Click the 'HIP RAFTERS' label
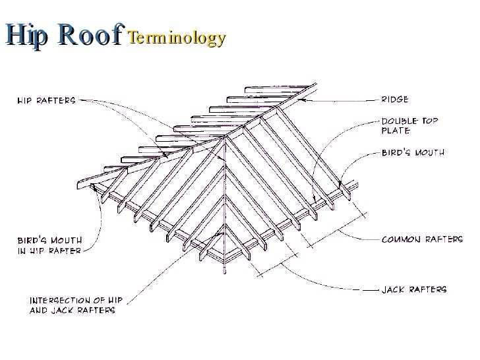pyautogui.click(x=46, y=101)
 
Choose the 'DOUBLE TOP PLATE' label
pyautogui.click(x=410, y=125)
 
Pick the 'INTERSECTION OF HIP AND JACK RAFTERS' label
pyautogui.click(x=73, y=305)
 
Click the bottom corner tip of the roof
pyautogui.click(x=226, y=269)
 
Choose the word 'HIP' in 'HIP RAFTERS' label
pyautogui.click(x=26, y=101)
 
